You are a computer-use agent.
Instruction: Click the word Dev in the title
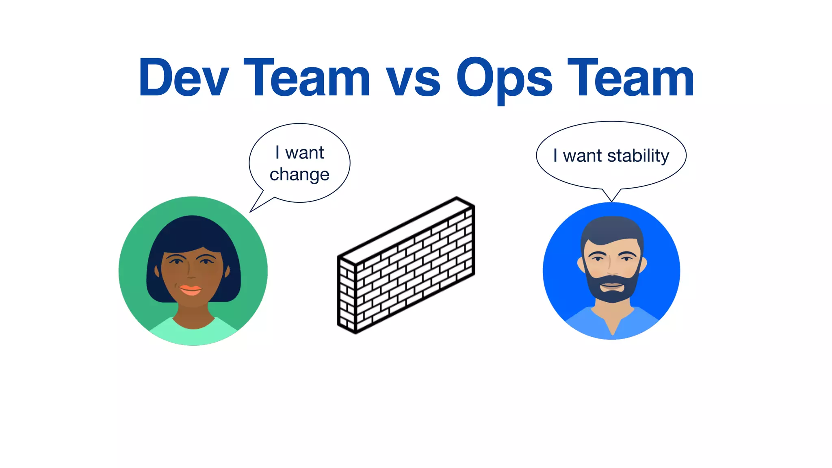coord(184,78)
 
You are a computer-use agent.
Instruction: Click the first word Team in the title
coord(306,78)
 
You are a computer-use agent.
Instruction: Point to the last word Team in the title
coord(630,78)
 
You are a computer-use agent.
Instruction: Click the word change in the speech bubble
coord(299,175)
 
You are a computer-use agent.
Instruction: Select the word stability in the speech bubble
coord(638,156)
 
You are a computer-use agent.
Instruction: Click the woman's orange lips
coord(190,290)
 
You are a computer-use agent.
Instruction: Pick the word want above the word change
coord(304,153)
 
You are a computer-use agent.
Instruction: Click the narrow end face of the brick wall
coord(347,295)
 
